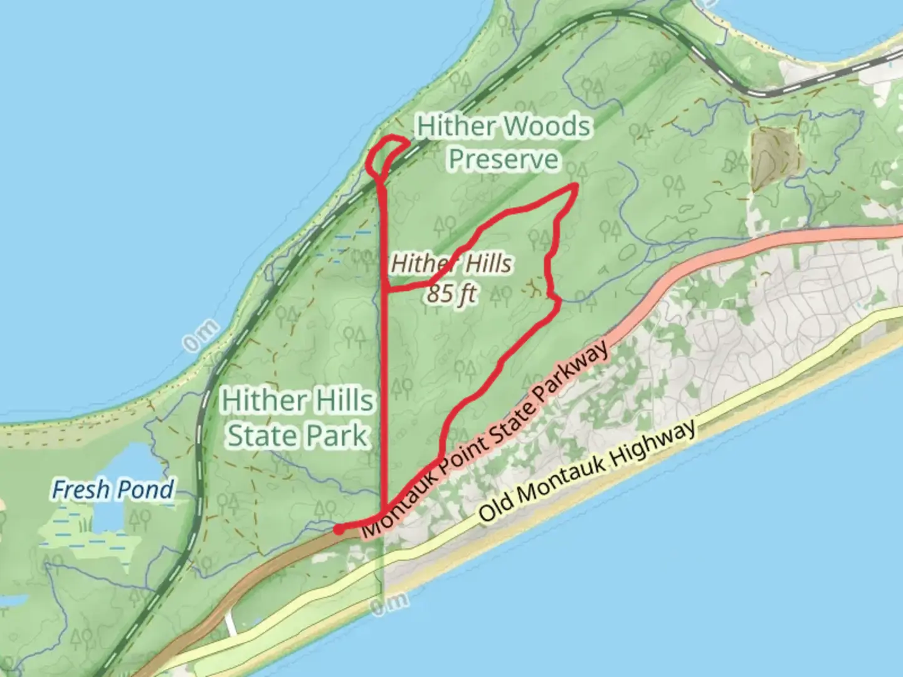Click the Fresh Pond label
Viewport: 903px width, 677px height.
[x=113, y=490]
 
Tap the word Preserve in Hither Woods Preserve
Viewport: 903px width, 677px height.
[x=504, y=159]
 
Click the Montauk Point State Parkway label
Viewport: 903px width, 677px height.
[x=485, y=440]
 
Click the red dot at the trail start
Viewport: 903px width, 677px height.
[x=338, y=530]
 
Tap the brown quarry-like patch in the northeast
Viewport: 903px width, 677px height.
[x=775, y=157]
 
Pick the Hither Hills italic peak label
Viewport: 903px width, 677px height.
[x=451, y=264]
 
